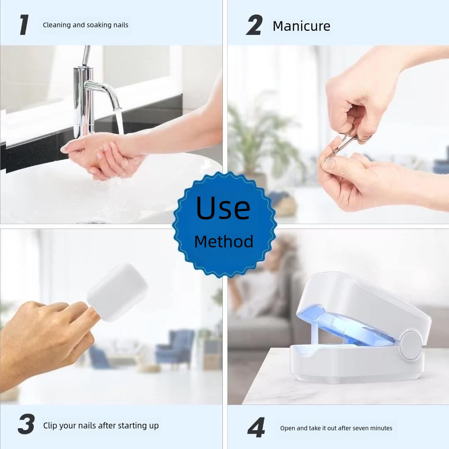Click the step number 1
tap(25, 25)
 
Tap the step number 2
tap(254, 25)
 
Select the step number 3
tap(26, 425)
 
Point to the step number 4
tap(256, 428)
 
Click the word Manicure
tap(301, 26)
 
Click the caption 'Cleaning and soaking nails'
tap(86, 25)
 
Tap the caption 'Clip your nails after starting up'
tap(101, 426)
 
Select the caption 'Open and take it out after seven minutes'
tap(336, 428)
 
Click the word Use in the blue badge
tap(223, 208)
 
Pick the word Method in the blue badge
tap(224, 242)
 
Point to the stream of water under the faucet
tap(119, 121)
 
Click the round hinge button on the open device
tap(410, 345)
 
